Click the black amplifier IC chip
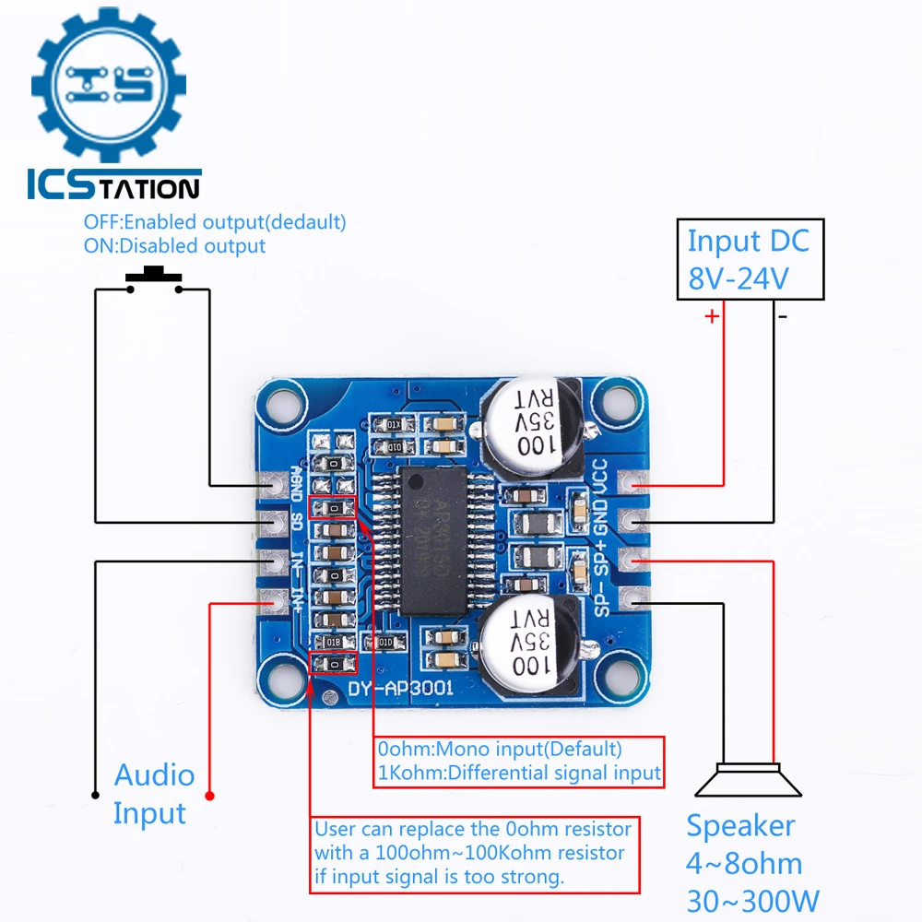click(x=433, y=539)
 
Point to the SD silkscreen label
click(x=297, y=521)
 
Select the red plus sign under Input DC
click(x=712, y=316)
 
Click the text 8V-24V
click(x=738, y=278)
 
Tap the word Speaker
click(x=740, y=825)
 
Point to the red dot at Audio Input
click(x=210, y=795)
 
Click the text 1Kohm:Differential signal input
click(x=518, y=773)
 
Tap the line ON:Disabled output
click(x=174, y=246)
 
